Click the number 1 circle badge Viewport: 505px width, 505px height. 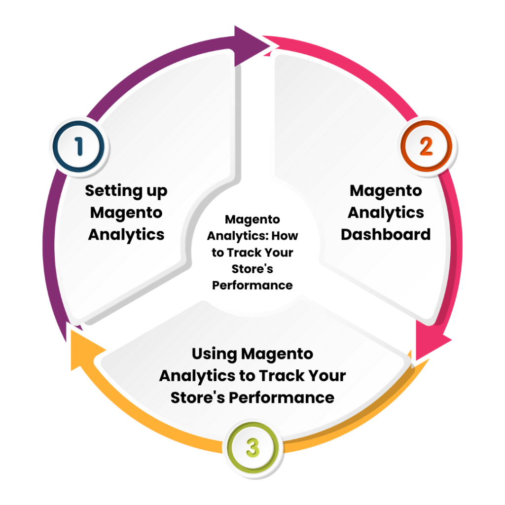tap(79, 147)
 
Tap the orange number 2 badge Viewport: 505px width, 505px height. tap(426, 146)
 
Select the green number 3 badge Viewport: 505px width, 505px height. tap(252, 448)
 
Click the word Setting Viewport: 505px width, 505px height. tap(113, 191)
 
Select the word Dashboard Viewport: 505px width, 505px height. tap(386, 234)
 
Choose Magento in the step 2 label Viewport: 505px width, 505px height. tap(386, 190)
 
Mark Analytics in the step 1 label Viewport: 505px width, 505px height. tap(126, 234)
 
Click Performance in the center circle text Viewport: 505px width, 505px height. tap(252, 285)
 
